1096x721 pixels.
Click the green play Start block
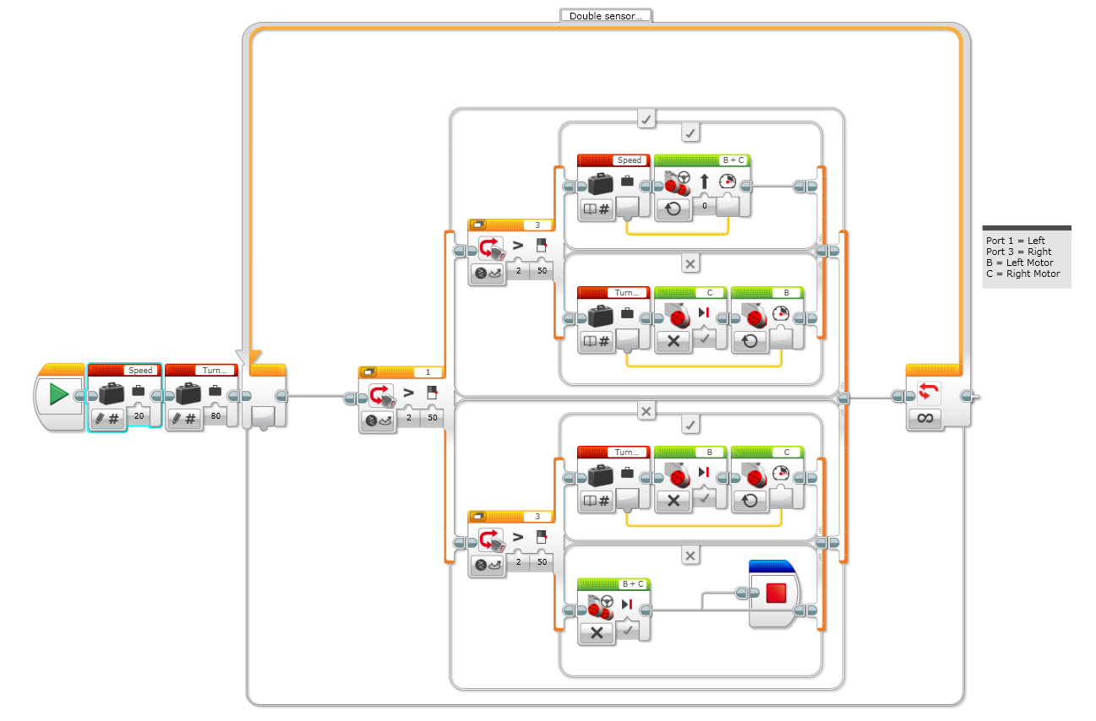click(x=58, y=394)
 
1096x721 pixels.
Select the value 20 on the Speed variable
click(x=139, y=416)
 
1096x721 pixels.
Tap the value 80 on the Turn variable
click(x=215, y=416)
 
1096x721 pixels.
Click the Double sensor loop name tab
click(x=605, y=15)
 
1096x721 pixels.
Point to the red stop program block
click(x=776, y=594)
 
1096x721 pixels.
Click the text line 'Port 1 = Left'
click(x=1016, y=241)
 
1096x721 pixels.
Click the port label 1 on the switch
click(x=428, y=371)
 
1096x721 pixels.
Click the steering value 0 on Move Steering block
click(x=704, y=205)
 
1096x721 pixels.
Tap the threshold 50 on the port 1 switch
click(x=431, y=417)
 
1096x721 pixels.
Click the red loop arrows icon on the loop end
click(x=927, y=392)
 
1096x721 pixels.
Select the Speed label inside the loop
click(x=630, y=160)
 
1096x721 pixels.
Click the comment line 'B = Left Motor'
click(x=1019, y=263)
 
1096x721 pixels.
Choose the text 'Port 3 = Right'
click(x=1018, y=252)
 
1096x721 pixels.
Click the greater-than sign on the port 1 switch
click(x=408, y=393)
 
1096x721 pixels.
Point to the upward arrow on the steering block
click(x=704, y=181)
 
